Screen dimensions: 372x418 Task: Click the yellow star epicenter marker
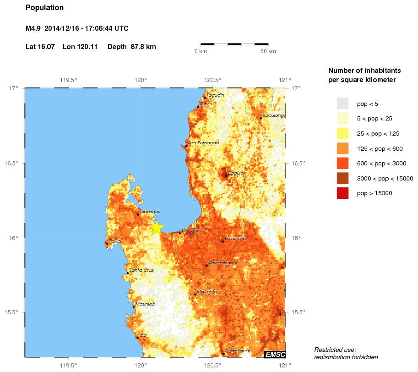click(x=157, y=227)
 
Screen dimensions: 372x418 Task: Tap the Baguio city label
click(x=236, y=173)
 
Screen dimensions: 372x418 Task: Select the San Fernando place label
click(x=203, y=143)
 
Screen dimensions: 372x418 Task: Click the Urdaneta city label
click(x=235, y=239)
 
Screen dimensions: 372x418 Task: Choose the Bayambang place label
click(x=222, y=263)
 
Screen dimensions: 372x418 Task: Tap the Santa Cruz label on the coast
click(x=141, y=270)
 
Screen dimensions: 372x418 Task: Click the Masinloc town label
click(x=146, y=304)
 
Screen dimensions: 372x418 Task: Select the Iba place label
click(x=143, y=335)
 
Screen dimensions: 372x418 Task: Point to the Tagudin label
click(x=215, y=95)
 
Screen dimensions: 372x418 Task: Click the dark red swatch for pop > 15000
click(x=342, y=193)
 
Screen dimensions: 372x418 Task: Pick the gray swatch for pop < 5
click(x=342, y=104)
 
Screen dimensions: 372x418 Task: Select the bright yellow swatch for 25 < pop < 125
click(x=342, y=133)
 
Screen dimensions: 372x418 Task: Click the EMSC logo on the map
click(x=275, y=354)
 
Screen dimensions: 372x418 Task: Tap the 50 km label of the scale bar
click(x=268, y=51)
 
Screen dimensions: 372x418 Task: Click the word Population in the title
click(x=44, y=8)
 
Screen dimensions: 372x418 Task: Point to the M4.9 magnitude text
click(x=33, y=28)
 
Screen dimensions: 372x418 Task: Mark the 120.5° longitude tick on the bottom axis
click(x=213, y=365)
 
